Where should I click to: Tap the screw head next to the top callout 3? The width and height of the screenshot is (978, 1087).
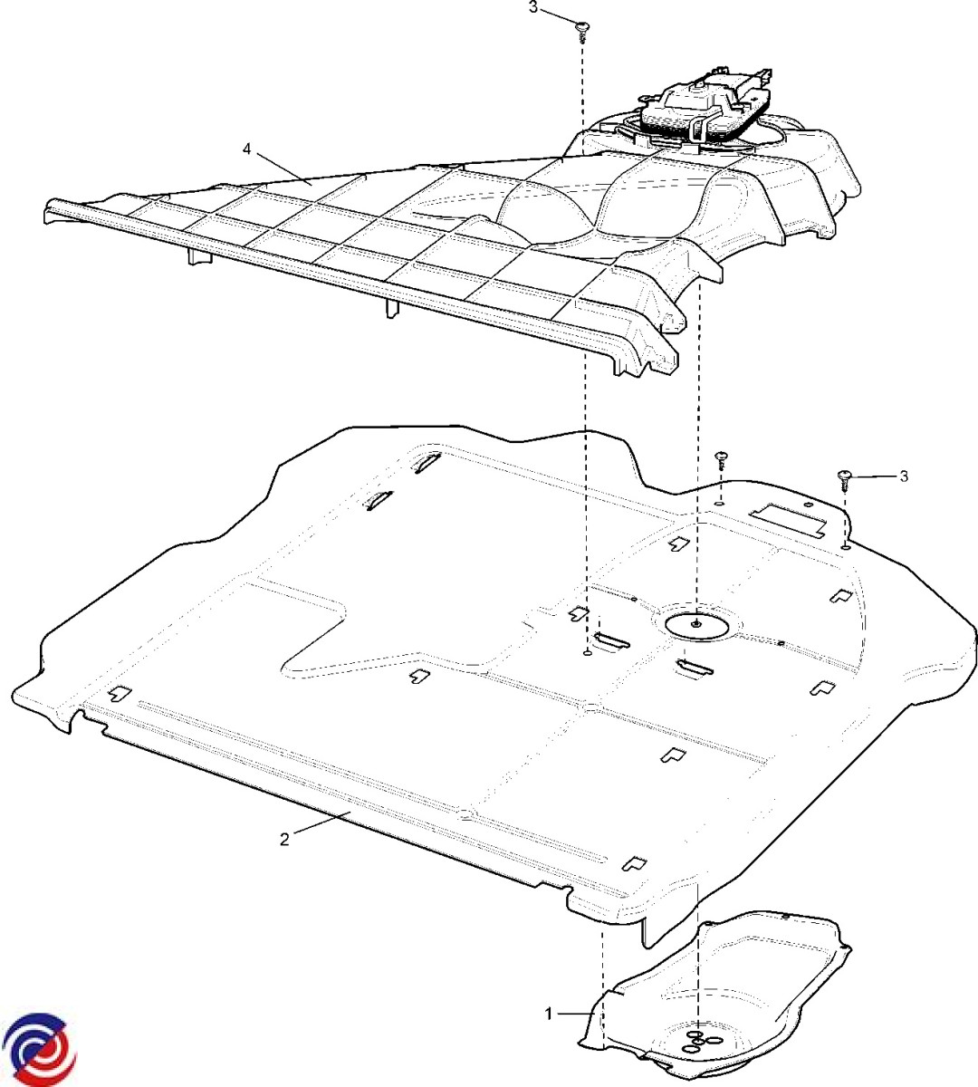582,26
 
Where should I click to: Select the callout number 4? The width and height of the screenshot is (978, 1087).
247,149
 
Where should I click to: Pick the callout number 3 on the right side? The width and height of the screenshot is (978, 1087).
904,476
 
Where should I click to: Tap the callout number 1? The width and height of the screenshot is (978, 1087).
549,1014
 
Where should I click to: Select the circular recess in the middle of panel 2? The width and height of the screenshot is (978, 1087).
696,625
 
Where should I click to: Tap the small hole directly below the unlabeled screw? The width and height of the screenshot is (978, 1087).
720,504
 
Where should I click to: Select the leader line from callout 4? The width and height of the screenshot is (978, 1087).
284,169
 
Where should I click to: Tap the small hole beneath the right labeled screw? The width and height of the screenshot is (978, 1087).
846,548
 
